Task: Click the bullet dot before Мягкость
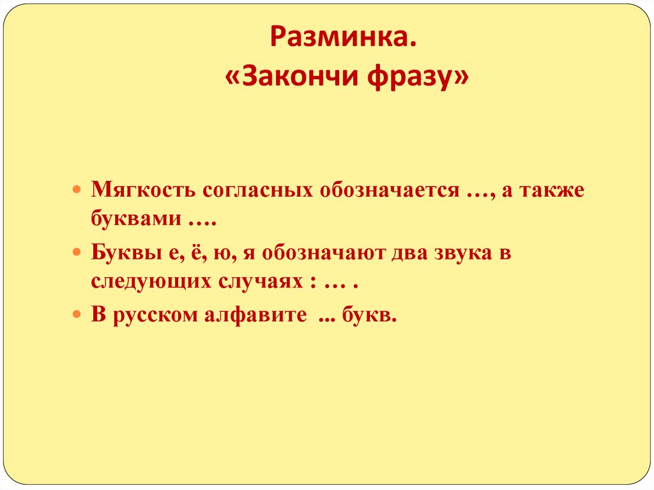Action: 77,191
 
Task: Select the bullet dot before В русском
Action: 77,316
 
